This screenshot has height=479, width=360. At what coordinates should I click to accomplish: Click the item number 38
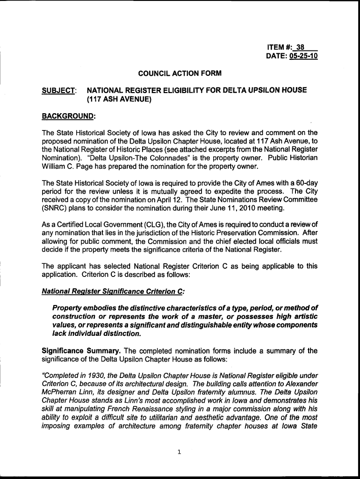[300, 47]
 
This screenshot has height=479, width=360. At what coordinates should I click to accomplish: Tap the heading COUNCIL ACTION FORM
[180, 73]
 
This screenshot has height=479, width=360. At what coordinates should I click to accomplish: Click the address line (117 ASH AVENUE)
[120, 99]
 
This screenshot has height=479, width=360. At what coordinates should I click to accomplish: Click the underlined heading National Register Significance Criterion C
[114, 291]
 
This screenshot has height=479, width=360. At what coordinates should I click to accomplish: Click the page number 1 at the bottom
[180, 451]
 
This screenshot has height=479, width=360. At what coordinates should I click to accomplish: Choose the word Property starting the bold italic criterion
[67, 308]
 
